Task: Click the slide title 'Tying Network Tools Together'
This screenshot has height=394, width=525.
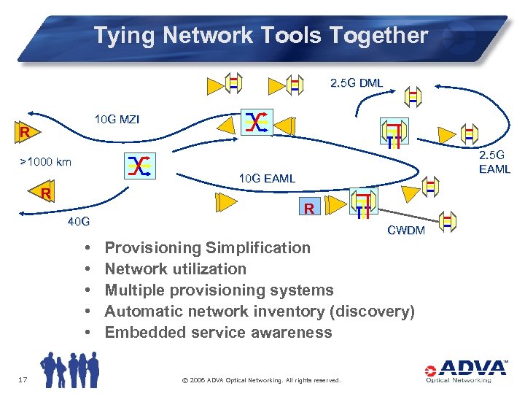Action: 260,35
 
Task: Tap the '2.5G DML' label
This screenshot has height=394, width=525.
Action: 357,83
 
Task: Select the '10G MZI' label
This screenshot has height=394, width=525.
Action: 117,119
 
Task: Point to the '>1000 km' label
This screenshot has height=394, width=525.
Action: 45,161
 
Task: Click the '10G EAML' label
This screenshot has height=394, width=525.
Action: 267,178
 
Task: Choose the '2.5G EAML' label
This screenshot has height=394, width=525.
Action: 494,162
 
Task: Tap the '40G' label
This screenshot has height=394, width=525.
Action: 78,221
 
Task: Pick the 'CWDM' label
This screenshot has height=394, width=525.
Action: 405,231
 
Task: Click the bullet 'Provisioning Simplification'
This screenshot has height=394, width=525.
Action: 207,247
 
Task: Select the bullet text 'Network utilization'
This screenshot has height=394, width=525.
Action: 175,269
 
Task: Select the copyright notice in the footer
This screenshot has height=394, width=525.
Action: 260,379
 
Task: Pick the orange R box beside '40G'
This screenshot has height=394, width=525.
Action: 46,194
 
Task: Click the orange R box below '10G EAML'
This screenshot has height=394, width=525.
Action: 308,209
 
